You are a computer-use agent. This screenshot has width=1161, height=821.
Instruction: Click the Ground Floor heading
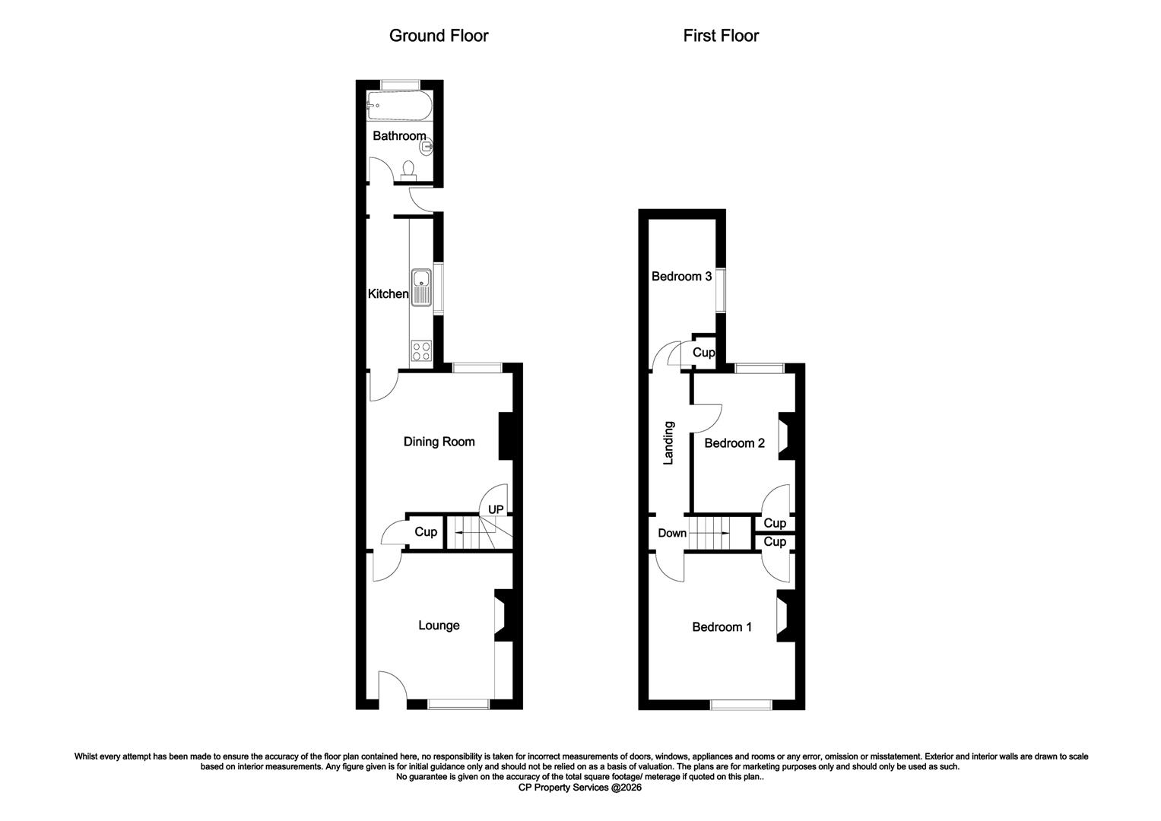click(438, 36)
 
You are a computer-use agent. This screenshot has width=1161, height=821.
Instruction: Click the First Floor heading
click(720, 36)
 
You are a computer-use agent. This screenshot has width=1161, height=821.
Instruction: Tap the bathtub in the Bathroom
click(398, 107)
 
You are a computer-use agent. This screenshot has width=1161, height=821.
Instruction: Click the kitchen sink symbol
click(420, 288)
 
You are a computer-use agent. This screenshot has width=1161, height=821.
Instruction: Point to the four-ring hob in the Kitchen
click(421, 351)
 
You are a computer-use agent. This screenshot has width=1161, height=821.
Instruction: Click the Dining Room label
click(439, 442)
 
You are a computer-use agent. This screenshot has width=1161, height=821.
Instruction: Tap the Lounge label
click(439, 626)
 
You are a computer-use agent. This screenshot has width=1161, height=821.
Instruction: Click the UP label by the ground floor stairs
click(496, 509)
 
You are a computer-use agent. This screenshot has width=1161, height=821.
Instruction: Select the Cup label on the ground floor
click(426, 532)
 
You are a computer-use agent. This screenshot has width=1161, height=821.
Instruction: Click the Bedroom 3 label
click(681, 277)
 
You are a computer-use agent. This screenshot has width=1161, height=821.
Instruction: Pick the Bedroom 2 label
click(734, 443)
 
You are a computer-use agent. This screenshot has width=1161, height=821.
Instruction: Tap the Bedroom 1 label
click(722, 627)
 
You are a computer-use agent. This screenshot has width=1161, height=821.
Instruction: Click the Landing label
click(669, 443)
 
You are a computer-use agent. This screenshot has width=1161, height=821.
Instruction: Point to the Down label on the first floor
click(672, 534)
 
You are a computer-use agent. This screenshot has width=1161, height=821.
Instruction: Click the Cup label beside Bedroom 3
click(703, 353)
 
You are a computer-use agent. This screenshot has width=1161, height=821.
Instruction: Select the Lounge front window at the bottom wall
click(458, 705)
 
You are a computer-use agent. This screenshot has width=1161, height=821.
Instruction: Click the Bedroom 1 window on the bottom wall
click(741, 705)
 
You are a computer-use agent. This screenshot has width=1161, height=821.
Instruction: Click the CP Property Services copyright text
click(580, 788)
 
